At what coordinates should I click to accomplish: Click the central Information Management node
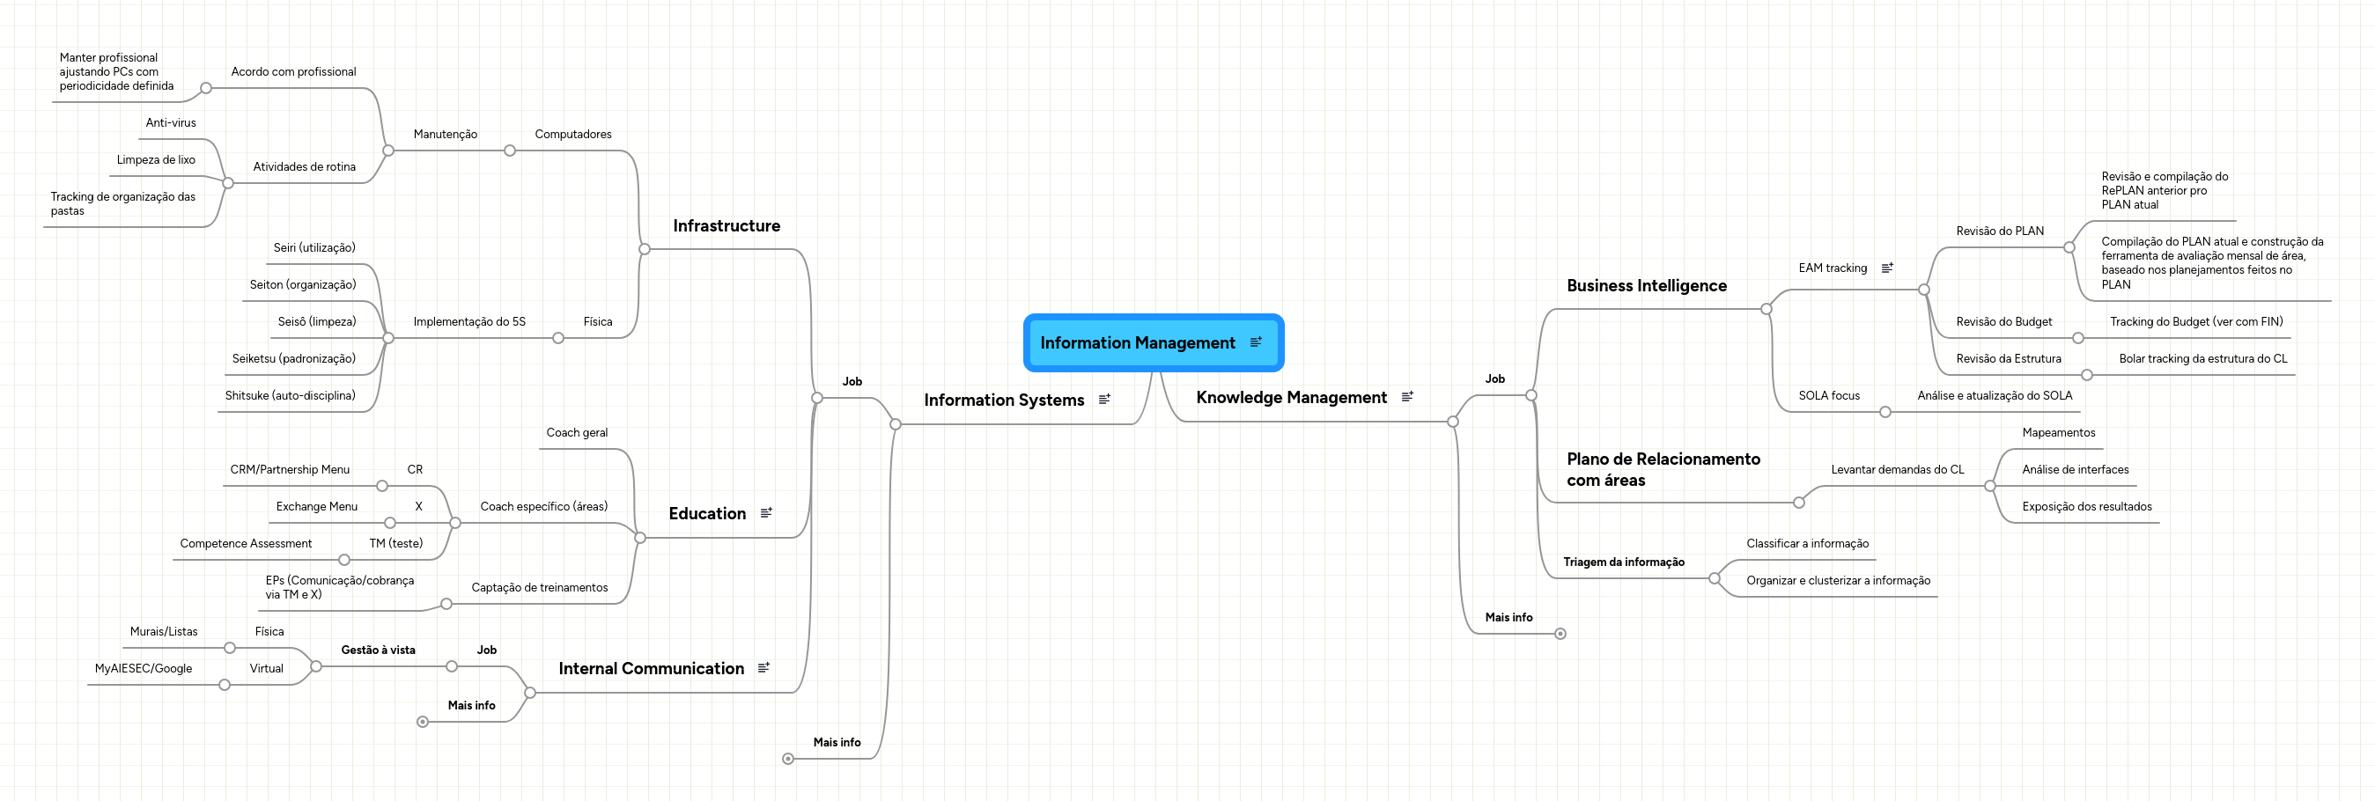[x=1137, y=343]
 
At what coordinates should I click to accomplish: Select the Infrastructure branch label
[x=726, y=226]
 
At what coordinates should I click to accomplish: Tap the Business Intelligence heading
[x=1646, y=286]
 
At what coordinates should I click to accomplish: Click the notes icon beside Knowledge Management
[x=1407, y=397]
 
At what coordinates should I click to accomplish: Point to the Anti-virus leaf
[x=171, y=122]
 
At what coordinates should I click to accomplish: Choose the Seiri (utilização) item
[x=313, y=248]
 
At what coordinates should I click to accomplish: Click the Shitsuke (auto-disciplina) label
[x=290, y=395]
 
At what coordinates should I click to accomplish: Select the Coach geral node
[x=576, y=432]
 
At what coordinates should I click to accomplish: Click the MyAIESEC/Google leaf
[x=143, y=668]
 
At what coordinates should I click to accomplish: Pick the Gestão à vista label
[x=378, y=650]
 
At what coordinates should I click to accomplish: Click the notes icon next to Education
[x=766, y=512]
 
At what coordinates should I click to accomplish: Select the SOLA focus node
[x=1828, y=395]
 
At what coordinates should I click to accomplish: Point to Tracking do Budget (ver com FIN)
[x=2196, y=321]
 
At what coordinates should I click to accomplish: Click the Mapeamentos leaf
[x=2058, y=432]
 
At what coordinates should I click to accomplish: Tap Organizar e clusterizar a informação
[x=1838, y=580]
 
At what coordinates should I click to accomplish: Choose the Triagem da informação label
[x=1623, y=562]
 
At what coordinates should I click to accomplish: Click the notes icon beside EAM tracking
[x=1887, y=268]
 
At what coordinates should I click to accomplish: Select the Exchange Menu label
[x=316, y=506]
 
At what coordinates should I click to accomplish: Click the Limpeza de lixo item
[x=156, y=159]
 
